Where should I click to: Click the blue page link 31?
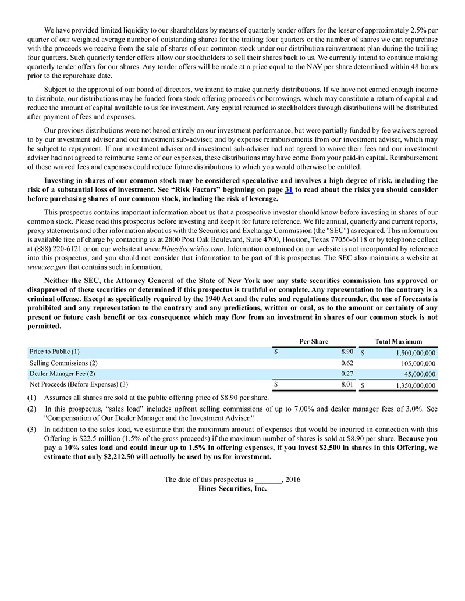pos(289,189)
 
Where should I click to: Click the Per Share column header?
pos(314,342)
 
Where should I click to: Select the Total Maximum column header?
pos(399,342)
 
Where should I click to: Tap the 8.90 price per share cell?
pos(347,352)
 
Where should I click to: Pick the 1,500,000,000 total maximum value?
pos(407,353)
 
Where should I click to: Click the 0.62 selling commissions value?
pos(347,363)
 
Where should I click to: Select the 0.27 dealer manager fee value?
pos(347,374)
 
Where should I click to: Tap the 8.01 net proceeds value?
pos(347,384)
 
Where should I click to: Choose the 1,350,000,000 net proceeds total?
pos(407,385)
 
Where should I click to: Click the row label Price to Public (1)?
pos(55,352)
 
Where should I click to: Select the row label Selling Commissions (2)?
pos(63,363)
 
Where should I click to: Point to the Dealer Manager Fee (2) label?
pos(62,374)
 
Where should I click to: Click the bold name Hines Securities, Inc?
pos(232,489)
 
